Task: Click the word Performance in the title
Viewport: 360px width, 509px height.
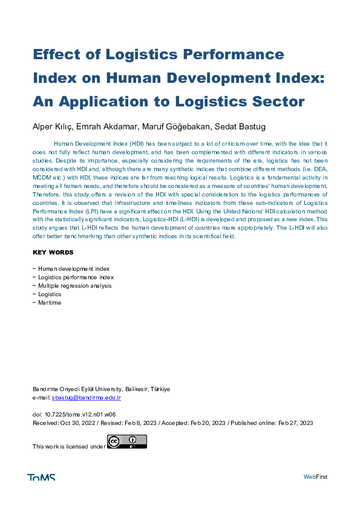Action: pyautogui.click(x=236, y=54)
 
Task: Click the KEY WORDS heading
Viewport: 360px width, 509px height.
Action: pyautogui.click(x=53, y=252)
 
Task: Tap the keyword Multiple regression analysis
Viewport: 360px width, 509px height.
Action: pyautogui.click(x=74, y=285)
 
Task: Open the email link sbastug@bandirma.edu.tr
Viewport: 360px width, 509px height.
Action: pyautogui.click(x=87, y=398)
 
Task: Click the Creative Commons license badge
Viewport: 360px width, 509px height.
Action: pyautogui.click(x=127, y=442)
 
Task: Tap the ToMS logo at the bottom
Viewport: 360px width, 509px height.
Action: pyautogui.click(x=41, y=478)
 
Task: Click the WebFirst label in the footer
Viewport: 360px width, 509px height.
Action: pyautogui.click(x=315, y=478)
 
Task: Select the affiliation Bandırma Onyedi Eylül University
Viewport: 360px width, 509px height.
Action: pyautogui.click(x=78, y=389)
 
